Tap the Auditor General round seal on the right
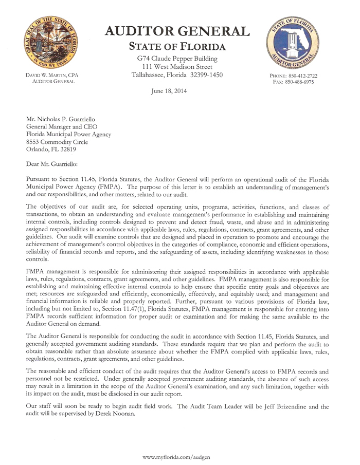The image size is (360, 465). [x=293, y=44]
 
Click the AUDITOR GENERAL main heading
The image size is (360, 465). [x=177, y=31]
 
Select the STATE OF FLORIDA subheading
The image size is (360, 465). [x=177, y=47]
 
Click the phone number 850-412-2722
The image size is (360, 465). [x=300, y=76]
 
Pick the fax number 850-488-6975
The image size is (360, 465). [x=300, y=82]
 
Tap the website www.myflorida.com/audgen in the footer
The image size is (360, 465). [x=176, y=456]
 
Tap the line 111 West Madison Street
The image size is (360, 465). [x=177, y=67]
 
